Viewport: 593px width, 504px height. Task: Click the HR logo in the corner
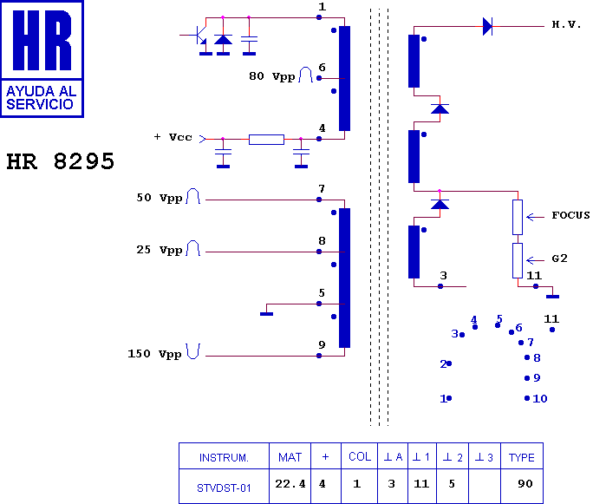click(x=42, y=59)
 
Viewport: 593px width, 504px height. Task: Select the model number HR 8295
click(x=61, y=161)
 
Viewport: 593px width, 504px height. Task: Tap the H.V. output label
click(x=566, y=25)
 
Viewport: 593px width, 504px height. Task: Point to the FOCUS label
click(x=570, y=215)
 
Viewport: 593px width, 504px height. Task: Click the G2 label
click(x=560, y=259)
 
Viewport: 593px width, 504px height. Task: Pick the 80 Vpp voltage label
click(x=272, y=76)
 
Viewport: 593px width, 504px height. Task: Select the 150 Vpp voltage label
click(x=154, y=354)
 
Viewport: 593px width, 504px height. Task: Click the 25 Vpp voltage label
click(x=160, y=250)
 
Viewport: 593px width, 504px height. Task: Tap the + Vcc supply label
click(x=173, y=137)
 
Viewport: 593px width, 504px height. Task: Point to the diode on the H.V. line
click(x=487, y=27)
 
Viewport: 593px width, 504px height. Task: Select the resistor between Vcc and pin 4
click(x=267, y=140)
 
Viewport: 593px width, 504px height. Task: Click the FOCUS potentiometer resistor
click(x=518, y=217)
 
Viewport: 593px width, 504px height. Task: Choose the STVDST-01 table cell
click(x=224, y=487)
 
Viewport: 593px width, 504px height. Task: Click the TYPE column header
click(x=522, y=456)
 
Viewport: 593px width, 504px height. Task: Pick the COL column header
click(x=359, y=456)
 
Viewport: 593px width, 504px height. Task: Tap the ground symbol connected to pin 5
click(x=267, y=314)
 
